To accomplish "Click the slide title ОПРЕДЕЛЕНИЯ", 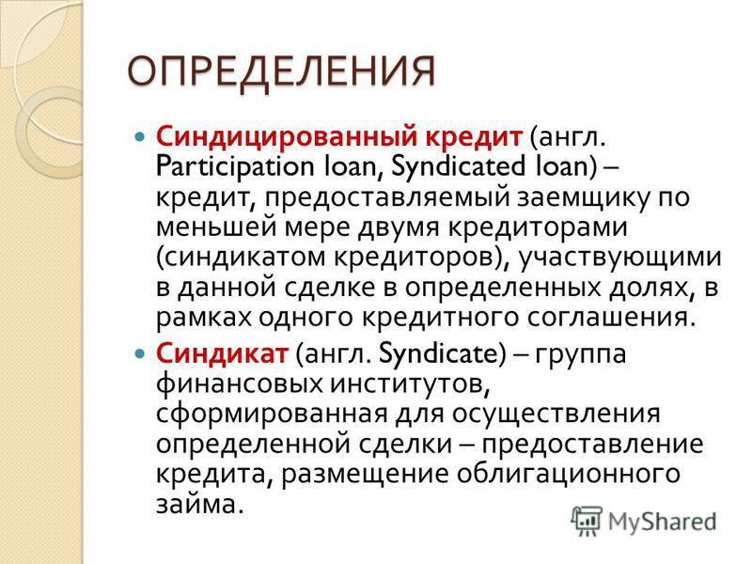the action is click(281, 72).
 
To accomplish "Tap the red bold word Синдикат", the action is click(222, 353).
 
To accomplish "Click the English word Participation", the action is click(234, 167).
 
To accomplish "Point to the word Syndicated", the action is click(459, 167).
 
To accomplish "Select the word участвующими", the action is click(619, 258).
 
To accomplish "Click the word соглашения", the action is click(611, 318).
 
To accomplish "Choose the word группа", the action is click(581, 355).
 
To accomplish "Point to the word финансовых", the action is click(240, 384).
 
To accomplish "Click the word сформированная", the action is click(272, 415).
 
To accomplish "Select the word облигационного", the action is click(569, 474).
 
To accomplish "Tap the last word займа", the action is click(196, 503).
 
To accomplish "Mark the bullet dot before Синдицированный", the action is click(139, 137).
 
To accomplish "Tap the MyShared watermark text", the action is click(663, 522).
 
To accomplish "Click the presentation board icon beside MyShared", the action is click(586, 521).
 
